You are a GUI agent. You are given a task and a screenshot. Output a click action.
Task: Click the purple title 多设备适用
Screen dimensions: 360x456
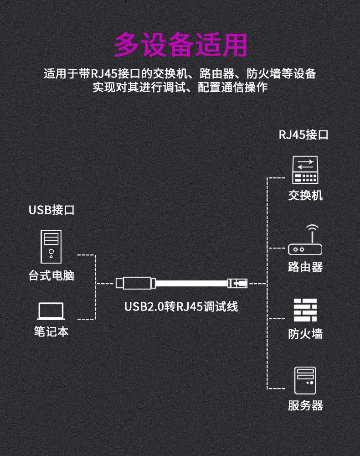180,45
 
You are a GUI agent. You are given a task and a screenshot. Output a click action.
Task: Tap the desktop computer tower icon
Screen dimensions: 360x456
51,247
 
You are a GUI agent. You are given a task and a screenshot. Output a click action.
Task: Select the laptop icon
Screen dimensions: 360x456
51,311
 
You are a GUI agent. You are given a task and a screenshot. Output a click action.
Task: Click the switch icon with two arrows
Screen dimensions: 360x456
305,170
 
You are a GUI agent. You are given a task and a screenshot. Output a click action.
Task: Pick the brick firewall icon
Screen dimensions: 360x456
305,310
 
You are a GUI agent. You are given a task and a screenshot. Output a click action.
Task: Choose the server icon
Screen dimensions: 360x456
305,380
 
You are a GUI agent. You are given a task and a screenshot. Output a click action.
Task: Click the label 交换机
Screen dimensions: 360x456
305,195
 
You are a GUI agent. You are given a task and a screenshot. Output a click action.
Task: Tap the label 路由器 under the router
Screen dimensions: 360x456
305,267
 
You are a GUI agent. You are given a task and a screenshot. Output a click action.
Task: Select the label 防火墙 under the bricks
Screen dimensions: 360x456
305,334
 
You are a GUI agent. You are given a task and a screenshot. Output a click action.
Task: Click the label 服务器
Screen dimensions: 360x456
305,405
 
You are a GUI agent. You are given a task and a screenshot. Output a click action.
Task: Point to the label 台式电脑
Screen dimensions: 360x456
51,275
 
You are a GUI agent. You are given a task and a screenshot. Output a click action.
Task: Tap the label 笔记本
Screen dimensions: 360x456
51,331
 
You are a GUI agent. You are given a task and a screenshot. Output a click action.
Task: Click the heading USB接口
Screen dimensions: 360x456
51,210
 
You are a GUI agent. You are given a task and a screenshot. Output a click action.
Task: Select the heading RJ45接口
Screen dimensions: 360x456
303,135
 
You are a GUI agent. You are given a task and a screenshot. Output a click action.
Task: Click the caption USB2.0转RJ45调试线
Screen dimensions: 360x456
181,306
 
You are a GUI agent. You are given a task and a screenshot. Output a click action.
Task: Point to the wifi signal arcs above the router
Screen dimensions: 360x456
312,227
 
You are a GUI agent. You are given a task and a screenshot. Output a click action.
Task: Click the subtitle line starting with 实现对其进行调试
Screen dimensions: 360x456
180,87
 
